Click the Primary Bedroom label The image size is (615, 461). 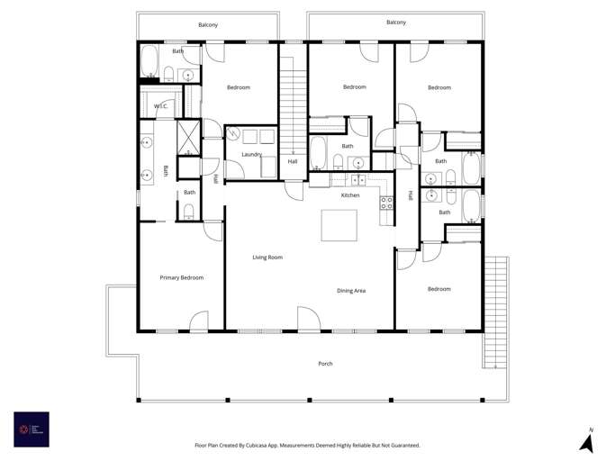(181, 278)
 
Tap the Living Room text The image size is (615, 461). (267, 258)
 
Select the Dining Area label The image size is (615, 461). (351, 291)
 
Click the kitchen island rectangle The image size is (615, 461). (339, 225)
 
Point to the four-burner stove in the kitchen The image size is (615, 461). (386, 203)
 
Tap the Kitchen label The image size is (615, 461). (350, 195)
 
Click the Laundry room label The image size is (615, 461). (251, 155)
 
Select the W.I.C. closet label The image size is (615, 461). (160, 107)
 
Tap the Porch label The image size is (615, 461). (325, 364)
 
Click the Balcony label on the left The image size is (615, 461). (208, 25)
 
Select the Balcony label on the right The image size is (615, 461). (395, 23)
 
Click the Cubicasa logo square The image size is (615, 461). (32, 429)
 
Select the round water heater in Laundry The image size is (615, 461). (233, 135)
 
